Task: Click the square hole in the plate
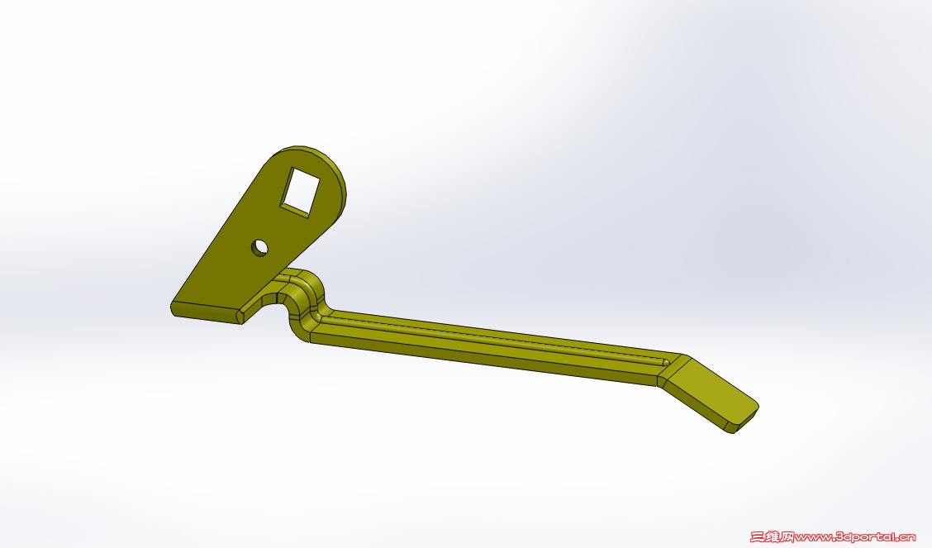(x=300, y=192)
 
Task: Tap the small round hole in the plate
(x=259, y=248)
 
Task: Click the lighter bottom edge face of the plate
(x=207, y=313)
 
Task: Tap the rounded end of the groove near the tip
(x=666, y=362)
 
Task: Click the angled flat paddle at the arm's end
(x=711, y=393)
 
